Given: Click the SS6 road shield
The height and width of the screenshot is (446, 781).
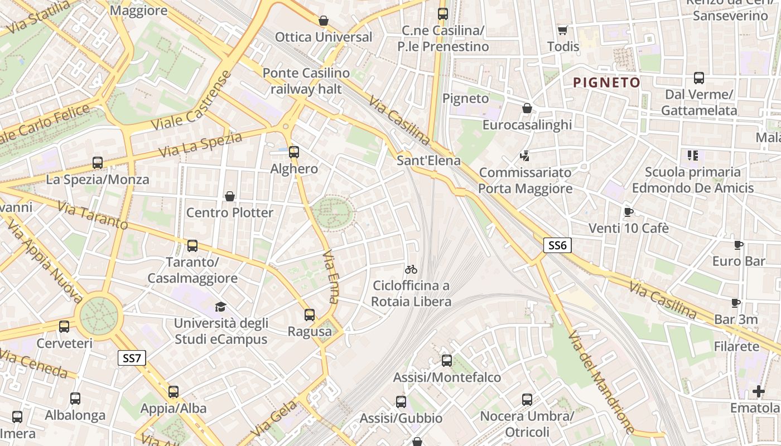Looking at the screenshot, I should click(x=557, y=245).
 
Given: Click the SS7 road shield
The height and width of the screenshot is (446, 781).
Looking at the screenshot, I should click(x=132, y=358).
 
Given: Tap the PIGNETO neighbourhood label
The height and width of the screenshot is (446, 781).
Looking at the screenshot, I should click(x=607, y=83).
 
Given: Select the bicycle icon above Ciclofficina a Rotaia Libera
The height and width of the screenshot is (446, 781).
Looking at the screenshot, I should click(x=411, y=269).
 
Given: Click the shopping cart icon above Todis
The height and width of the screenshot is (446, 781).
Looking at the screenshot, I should click(x=563, y=30).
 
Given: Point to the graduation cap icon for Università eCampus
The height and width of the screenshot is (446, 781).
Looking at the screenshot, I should click(x=221, y=307).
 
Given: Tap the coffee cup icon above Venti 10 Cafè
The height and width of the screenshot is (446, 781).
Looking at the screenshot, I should click(x=629, y=212).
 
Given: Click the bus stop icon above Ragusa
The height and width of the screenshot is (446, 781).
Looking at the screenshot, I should click(x=310, y=315).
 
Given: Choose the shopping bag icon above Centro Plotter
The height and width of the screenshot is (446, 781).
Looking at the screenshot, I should click(x=229, y=196).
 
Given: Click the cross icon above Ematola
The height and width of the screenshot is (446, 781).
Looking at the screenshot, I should click(x=758, y=391).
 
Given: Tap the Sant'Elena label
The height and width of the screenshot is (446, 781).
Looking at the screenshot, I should click(x=428, y=161).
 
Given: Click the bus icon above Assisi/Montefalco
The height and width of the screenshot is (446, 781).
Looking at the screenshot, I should click(x=447, y=361).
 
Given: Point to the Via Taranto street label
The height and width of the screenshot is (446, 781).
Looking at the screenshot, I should click(x=93, y=216).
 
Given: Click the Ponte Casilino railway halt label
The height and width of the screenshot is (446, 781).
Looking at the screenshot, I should click(x=306, y=81).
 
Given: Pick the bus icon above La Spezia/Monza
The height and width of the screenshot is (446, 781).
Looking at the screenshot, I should click(x=98, y=163).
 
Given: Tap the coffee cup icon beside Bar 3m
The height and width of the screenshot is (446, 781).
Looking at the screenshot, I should click(x=736, y=303).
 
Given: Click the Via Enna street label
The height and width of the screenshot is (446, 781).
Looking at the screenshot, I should click(x=331, y=276).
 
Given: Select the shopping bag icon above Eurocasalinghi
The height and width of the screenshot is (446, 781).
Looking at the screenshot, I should click(x=527, y=108).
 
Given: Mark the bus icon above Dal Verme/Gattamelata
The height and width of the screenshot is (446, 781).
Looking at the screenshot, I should click(x=699, y=78).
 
